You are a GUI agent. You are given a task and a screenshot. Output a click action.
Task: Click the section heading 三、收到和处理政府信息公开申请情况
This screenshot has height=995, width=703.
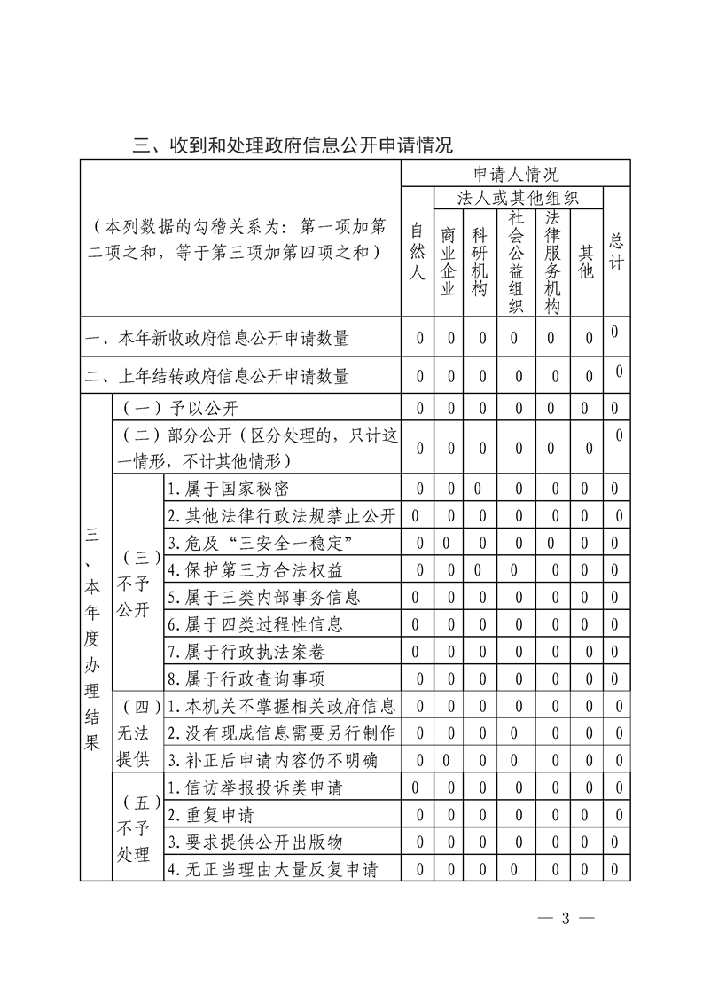[293, 145]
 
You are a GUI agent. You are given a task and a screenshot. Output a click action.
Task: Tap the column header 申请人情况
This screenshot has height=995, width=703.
[515, 174]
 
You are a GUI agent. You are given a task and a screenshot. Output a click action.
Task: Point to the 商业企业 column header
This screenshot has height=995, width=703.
[449, 262]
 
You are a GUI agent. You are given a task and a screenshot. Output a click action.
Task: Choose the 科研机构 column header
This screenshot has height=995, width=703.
[480, 262]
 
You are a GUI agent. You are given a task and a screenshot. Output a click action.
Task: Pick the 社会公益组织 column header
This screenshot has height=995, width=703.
[517, 262]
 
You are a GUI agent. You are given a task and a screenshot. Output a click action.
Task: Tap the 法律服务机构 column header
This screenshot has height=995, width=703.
[553, 262]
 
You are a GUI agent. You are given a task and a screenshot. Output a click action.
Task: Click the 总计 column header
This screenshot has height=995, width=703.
[616, 252]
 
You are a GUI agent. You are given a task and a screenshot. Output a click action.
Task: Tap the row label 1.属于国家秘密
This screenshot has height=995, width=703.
[228, 489]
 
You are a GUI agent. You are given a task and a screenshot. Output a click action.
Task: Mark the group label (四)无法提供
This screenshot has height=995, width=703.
[137, 733]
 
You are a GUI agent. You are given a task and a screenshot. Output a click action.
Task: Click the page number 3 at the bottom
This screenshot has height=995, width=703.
[564, 917]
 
